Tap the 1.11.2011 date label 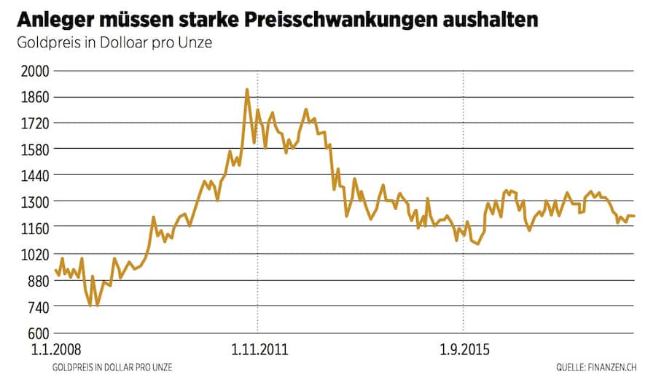(259, 349)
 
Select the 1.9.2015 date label (464, 349)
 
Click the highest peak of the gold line (247, 90)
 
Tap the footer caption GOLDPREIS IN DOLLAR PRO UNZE (113, 368)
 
